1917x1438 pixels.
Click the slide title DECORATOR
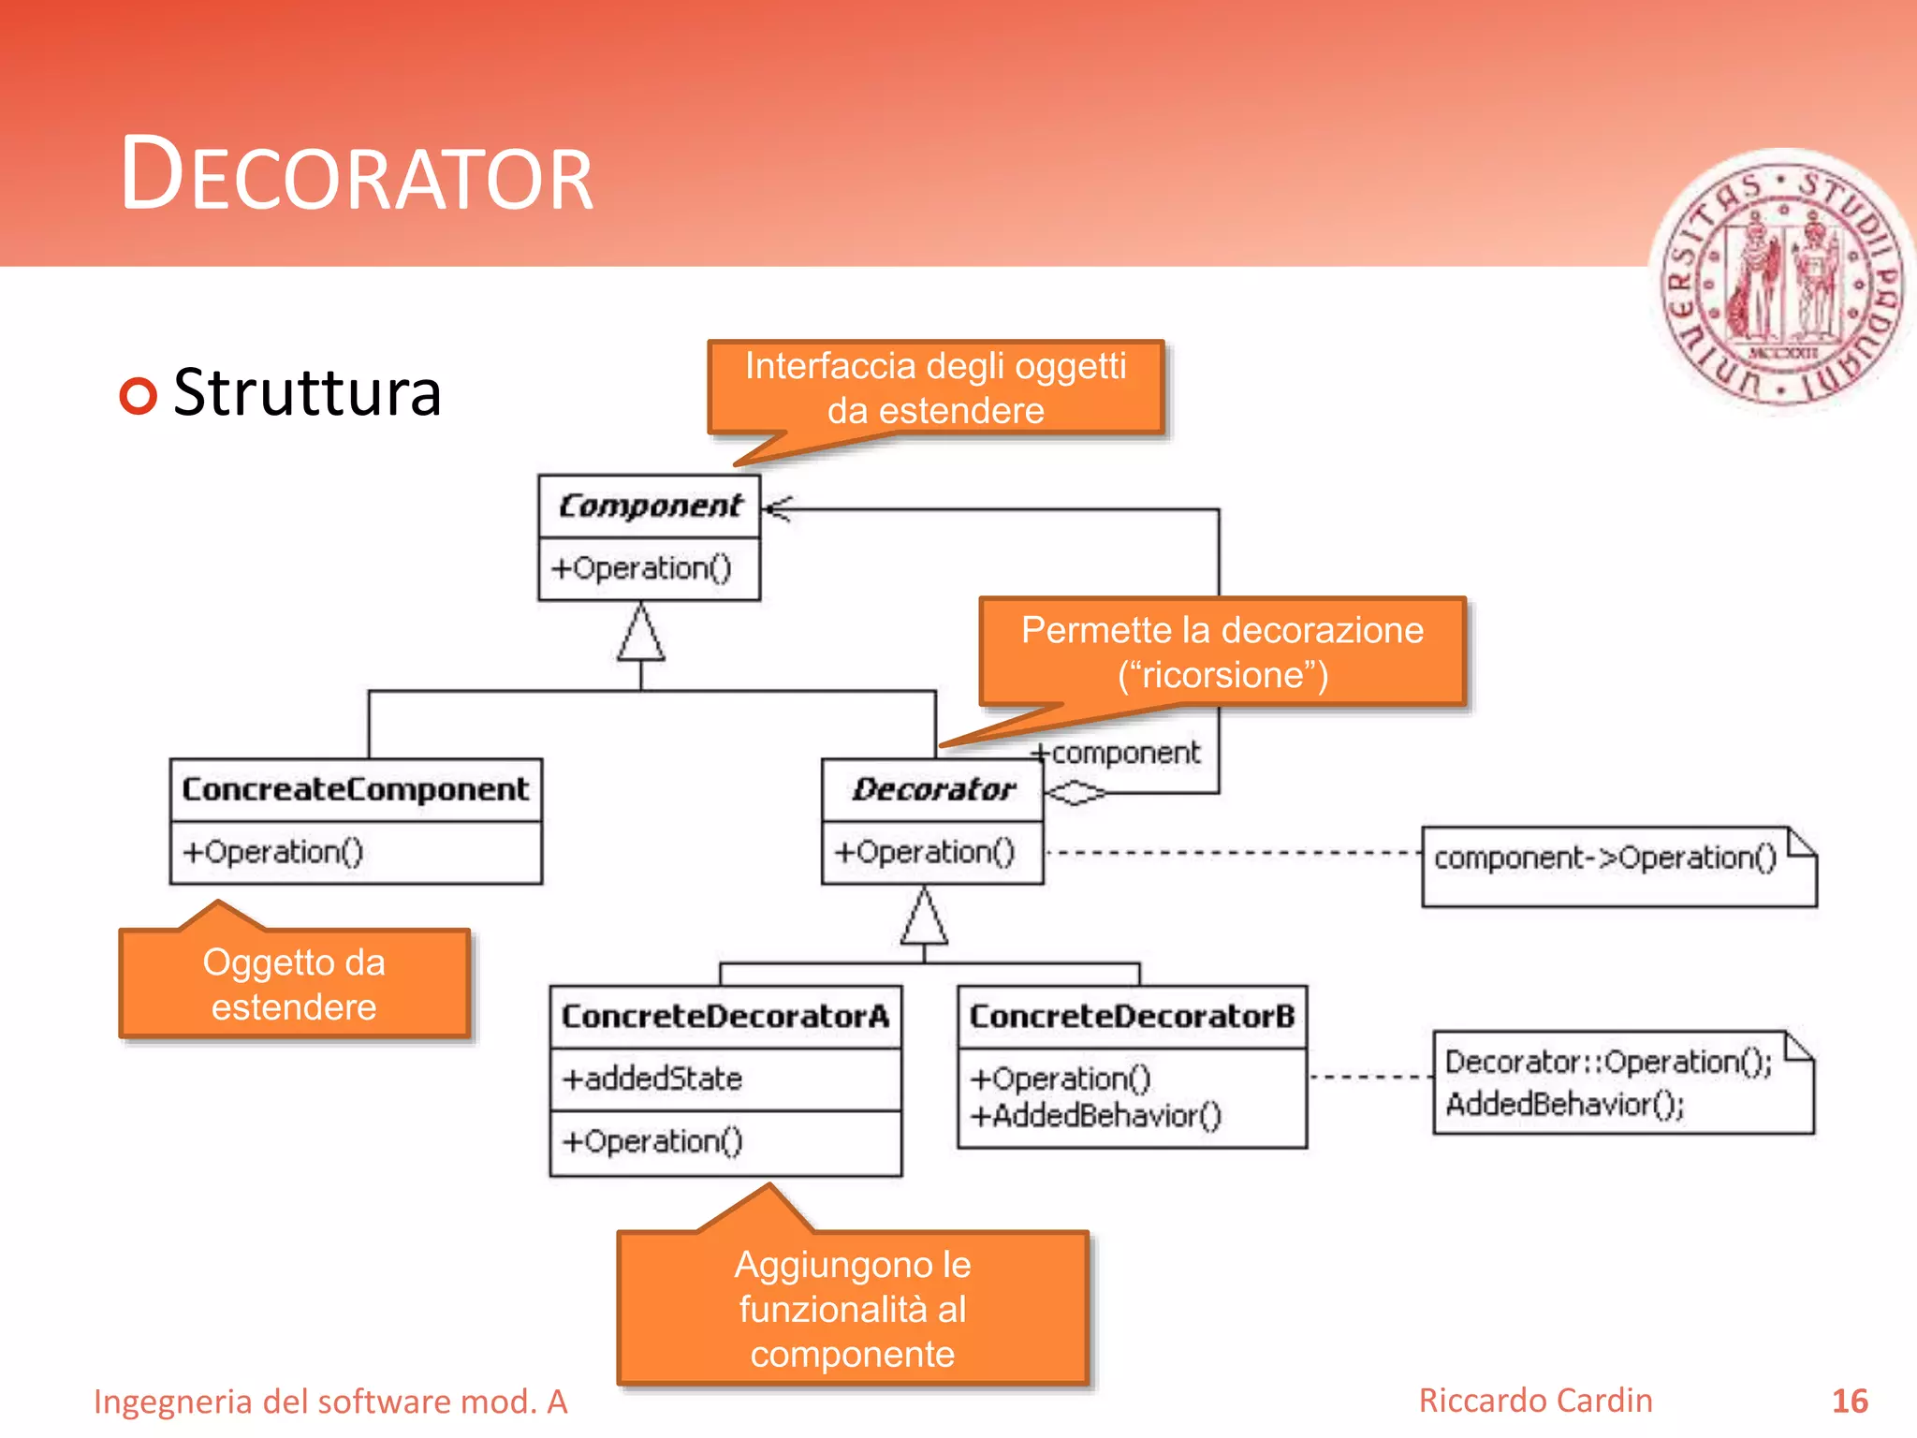point(357,175)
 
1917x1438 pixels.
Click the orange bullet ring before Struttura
point(139,395)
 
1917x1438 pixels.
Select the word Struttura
point(307,393)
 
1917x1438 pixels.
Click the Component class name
point(650,506)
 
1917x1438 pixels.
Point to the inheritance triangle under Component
point(641,635)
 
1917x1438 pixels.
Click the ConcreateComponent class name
point(356,789)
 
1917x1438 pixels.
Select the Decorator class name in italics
point(933,789)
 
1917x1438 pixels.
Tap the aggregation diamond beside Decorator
point(1075,793)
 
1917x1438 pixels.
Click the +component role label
point(1117,753)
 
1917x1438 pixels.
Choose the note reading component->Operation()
point(1604,858)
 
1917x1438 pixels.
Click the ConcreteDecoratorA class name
point(724,1017)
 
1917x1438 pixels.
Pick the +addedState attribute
point(652,1079)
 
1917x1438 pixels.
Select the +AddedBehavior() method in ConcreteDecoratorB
point(1096,1116)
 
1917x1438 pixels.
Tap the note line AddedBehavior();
point(1564,1105)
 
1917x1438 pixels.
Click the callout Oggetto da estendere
point(294,984)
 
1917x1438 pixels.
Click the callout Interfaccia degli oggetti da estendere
point(935,388)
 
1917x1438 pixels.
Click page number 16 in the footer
point(1850,1401)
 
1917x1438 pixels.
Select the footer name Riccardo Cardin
point(1535,1401)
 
